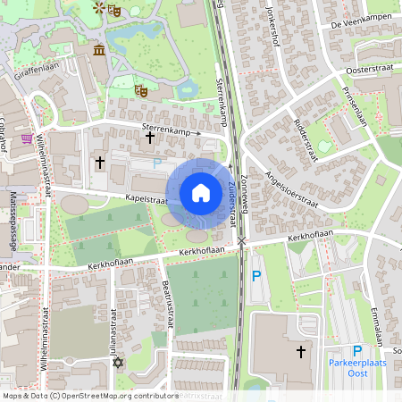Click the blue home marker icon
coord(201,192)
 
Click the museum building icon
coord(97,48)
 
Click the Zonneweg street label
coord(245,192)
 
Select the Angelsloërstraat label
coord(285,191)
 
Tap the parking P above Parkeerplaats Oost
coord(357,351)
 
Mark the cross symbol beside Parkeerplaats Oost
coord(301,353)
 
